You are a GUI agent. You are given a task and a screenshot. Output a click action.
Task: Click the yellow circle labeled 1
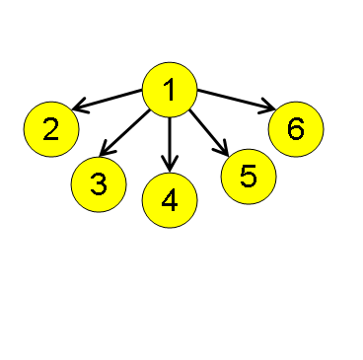pos(171,90)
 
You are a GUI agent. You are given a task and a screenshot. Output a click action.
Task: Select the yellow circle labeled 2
pos(51,128)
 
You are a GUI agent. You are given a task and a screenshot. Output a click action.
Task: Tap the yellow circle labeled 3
pos(99,183)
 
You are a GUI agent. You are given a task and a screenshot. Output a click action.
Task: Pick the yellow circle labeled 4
pos(170,200)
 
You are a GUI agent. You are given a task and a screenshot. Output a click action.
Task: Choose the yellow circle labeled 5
pos(249,176)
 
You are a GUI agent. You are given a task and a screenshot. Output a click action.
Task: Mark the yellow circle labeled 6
pos(296,128)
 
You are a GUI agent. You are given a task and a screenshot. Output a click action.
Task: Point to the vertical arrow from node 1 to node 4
pos(170,138)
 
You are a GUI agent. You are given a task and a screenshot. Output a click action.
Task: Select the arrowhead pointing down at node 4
pos(170,164)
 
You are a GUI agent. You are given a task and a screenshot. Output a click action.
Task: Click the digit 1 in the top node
pos(169,90)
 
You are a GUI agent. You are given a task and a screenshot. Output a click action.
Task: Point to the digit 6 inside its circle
pos(296,128)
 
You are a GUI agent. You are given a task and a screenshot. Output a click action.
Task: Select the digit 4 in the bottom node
pos(170,201)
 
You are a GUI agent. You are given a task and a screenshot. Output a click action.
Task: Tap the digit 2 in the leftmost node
pos(51,128)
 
